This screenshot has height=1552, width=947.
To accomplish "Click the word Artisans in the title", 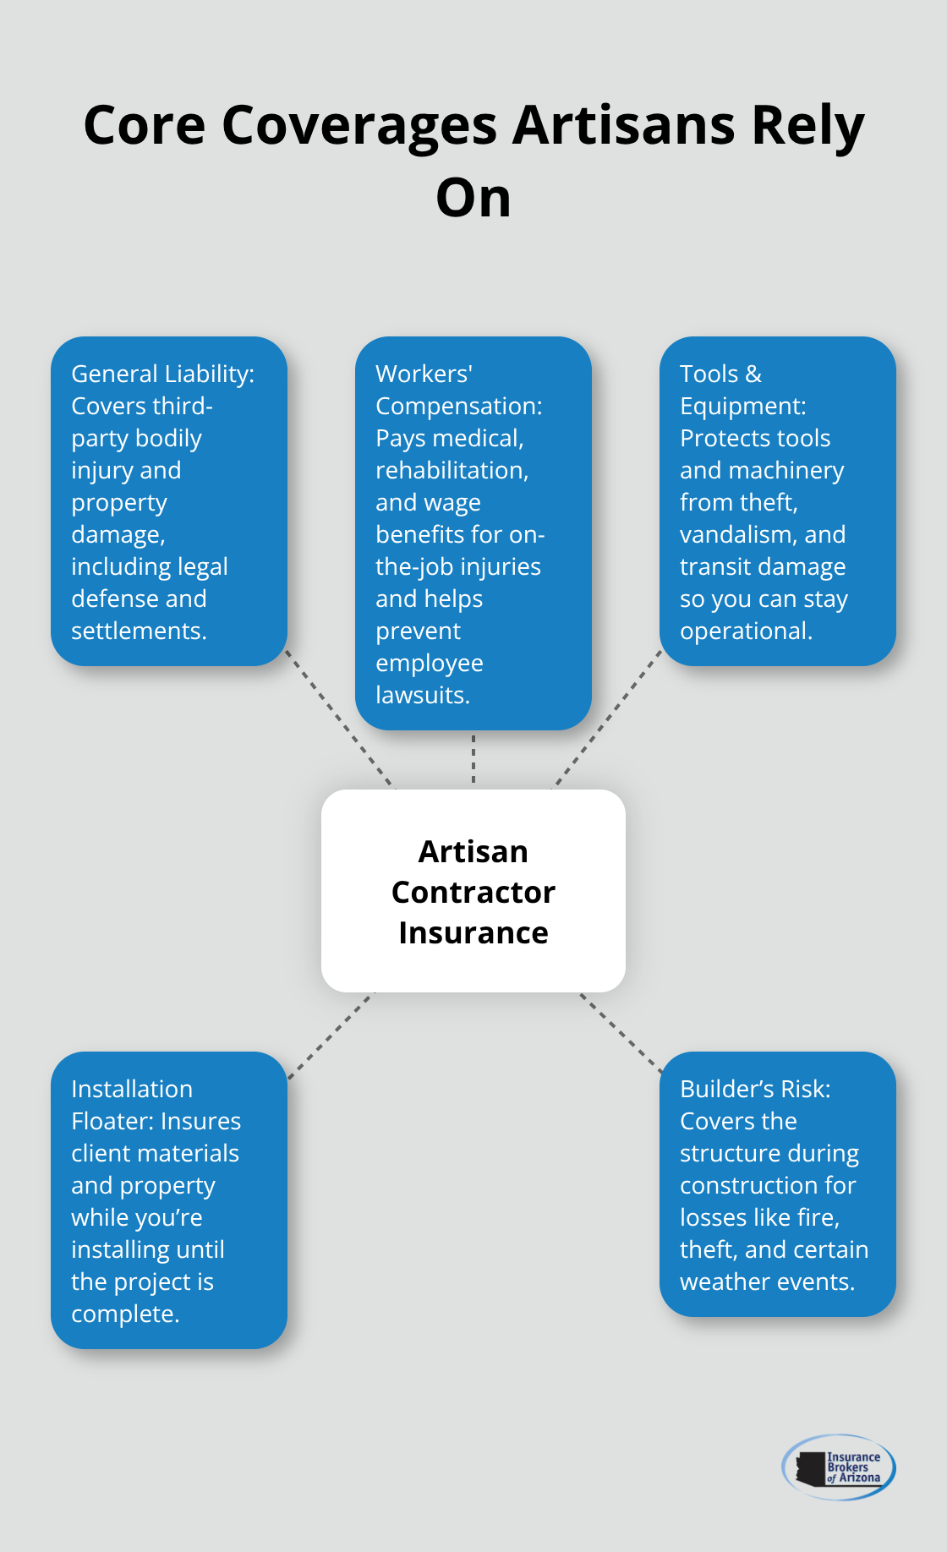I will point(624,125).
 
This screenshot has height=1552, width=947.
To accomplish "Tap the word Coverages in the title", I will point(359,125).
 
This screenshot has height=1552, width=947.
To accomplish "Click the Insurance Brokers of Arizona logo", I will point(838,1467).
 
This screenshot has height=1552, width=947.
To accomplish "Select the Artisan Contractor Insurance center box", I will point(473,890).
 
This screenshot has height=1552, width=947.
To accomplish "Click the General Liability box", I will point(169,500).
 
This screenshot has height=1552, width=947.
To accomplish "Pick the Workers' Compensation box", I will point(473,533).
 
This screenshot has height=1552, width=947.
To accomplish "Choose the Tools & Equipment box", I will point(777,500).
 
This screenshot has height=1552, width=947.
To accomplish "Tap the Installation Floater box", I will point(169,1200).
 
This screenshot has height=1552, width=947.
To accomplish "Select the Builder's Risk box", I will point(777,1183).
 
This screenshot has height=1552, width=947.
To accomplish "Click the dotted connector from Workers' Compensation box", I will point(473,759).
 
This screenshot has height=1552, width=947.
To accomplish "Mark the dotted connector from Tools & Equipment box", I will point(607,719).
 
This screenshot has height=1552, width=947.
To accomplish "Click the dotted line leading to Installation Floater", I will point(331,1035).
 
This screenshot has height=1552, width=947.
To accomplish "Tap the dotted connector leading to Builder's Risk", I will point(621,1032).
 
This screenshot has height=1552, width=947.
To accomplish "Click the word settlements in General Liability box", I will point(139,631).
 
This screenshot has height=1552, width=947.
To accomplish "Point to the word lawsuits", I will point(422,695).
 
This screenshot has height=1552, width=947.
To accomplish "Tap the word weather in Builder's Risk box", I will point(723,1281).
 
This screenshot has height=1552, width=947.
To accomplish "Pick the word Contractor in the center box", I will point(473,892).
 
